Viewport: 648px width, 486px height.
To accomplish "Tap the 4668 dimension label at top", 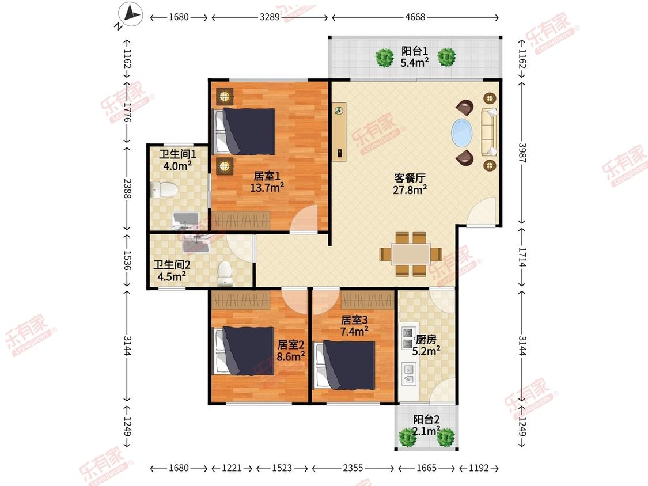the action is [x=415, y=17].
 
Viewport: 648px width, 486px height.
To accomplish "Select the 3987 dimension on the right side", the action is [x=522, y=154].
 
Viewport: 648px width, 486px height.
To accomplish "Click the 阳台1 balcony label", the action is [x=415, y=51].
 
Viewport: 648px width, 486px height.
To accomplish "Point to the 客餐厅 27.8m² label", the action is [x=410, y=184].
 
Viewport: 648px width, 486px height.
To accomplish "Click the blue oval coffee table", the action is [x=461, y=132].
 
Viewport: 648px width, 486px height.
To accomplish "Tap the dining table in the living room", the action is [x=411, y=254].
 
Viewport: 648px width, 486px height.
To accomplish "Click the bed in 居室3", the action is [x=344, y=365].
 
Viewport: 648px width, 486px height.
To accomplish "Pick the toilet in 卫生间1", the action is [x=164, y=189].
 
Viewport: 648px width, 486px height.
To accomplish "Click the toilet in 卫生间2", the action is [x=225, y=273].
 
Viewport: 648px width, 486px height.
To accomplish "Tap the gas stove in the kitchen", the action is [x=407, y=337].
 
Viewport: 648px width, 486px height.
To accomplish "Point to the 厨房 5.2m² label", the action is [x=426, y=345].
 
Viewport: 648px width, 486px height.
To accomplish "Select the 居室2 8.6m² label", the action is [x=291, y=351].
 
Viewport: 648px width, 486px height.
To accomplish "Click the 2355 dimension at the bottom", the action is [x=353, y=468].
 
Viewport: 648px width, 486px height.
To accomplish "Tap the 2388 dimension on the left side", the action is [x=127, y=188].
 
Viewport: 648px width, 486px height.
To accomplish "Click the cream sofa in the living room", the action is [x=489, y=131].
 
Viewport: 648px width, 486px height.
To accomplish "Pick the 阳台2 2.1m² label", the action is [x=426, y=425].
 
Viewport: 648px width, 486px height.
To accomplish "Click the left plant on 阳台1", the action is [x=384, y=57].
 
